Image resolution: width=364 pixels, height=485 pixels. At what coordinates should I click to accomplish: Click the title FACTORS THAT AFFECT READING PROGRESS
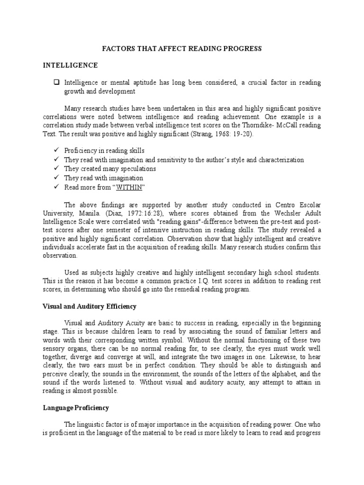182,49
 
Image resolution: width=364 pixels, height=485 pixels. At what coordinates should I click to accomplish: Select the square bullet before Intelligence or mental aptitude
56,82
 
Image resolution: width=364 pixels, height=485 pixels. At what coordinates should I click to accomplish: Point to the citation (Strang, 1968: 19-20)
225,134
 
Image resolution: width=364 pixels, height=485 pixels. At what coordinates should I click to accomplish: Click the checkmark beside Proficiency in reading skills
56,151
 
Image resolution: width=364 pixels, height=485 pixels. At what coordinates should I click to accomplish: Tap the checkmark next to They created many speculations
56,169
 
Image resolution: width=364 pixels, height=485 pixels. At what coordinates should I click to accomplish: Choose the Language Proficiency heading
76,408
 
